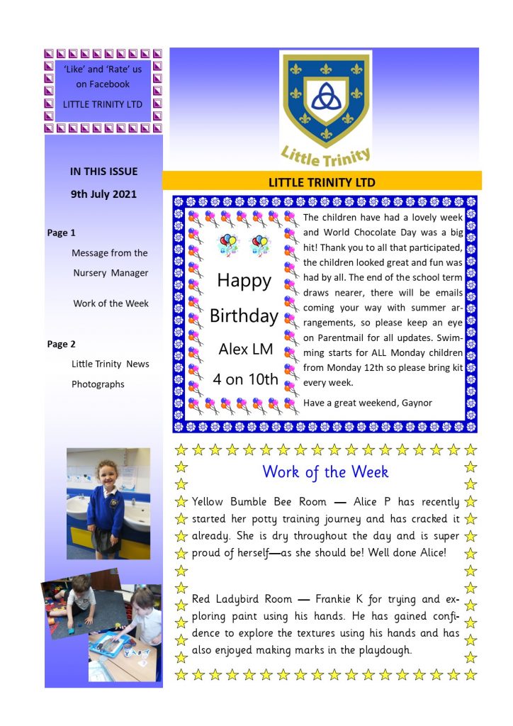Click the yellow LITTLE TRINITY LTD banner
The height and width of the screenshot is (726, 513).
click(x=322, y=182)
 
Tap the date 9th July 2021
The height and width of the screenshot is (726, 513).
click(x=103, y=194)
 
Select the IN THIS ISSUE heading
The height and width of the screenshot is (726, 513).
click(x=103, y=171)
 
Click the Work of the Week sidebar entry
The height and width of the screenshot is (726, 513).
click(x=111, y=303)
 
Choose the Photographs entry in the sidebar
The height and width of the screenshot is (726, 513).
click(x=98, y=384)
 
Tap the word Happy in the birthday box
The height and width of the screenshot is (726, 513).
click(x=244, y=281)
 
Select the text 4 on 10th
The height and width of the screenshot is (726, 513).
click(x=246, y=379)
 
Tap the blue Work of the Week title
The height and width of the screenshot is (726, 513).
click(x=325, y=471)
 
